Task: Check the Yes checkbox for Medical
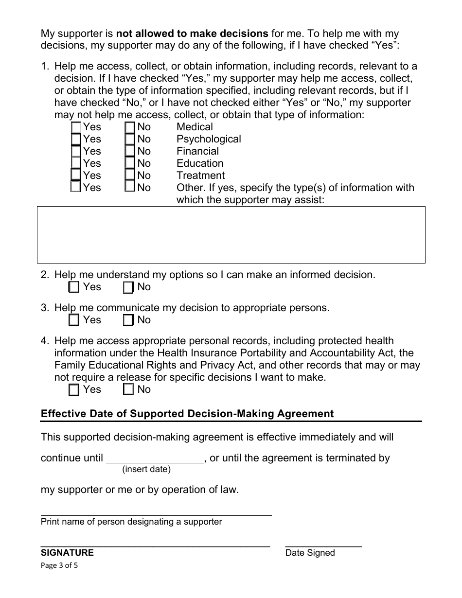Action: [76, 127]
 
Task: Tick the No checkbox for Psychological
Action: [130, 140]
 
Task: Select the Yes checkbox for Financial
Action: [76, 152]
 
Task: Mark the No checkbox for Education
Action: [130, 164]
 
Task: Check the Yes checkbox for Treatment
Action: [76, 176]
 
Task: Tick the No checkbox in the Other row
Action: [130, 188]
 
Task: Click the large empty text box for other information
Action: [231, 235]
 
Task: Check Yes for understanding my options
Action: [74, 287]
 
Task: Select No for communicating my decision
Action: [128, 320]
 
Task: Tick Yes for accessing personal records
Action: [74, 390]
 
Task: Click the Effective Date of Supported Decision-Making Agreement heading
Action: [187, 414]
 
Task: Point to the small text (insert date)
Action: [146, 470]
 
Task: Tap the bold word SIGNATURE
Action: [67, 553]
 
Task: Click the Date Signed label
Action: [310, 553]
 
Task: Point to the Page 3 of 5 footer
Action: [59, 565]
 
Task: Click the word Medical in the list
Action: [195, 127]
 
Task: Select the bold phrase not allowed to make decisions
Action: [192, 34]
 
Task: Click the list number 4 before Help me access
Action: [45, 341]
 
